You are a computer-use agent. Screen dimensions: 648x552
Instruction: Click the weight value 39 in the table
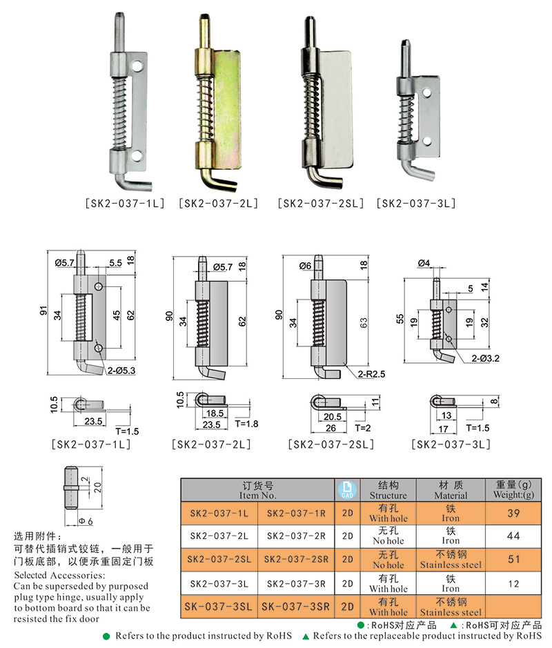[514, 513]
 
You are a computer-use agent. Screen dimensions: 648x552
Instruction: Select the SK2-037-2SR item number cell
[295, 559]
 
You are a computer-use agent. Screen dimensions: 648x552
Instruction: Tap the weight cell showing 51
[514, 559]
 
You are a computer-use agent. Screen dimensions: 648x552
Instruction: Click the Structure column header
[388, 490]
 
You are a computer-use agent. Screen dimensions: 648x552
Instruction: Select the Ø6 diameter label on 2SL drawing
[306, 266]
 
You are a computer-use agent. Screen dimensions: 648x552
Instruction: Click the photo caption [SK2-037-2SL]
[320, 204]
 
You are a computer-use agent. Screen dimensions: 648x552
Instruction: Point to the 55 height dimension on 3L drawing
[400, 319]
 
